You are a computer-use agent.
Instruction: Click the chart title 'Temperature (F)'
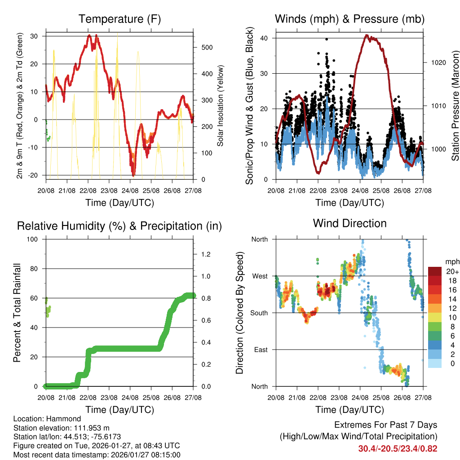119,19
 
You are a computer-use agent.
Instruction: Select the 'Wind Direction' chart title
349,223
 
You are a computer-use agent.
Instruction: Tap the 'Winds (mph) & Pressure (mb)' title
349,19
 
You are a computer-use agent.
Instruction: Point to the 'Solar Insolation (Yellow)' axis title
221,106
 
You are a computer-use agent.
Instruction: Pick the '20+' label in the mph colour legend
451,271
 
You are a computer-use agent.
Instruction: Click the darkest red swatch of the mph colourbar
435,271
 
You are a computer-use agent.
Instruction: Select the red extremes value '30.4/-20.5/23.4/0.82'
398,448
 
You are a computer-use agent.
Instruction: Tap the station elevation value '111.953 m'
88,428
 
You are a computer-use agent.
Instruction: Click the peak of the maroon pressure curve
367,35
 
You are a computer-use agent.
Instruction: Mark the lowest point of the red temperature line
133,175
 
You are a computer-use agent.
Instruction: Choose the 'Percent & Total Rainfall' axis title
17,313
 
